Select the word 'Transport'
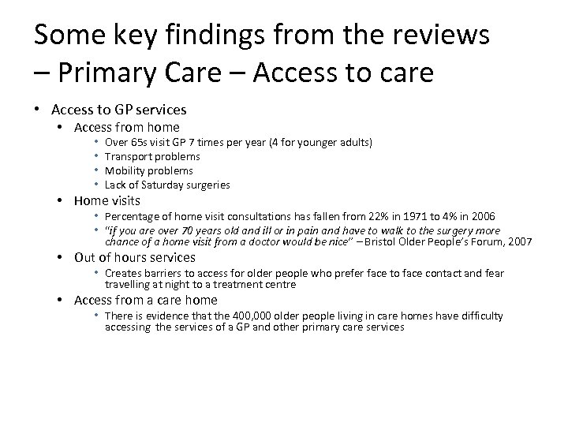click(x=126, y=157)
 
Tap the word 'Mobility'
click(x=124, y=170)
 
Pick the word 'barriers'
click(x=160, y=273)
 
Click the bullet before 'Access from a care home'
click(x=60, y=300)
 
